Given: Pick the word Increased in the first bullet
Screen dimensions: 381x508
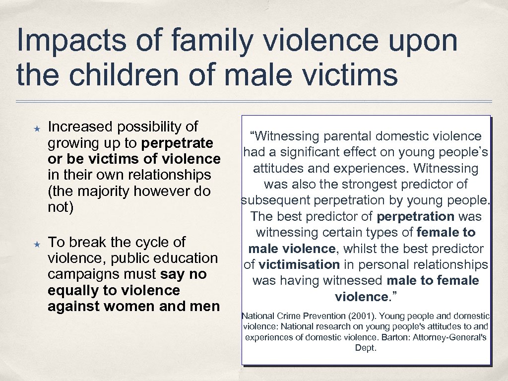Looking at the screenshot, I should click(x=80, y=127).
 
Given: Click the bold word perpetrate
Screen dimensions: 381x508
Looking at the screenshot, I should click(x=177, y=143).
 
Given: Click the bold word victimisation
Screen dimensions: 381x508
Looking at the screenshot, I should click(x=299, y=264).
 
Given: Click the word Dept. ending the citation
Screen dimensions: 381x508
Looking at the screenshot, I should click(x=366, y=348).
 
